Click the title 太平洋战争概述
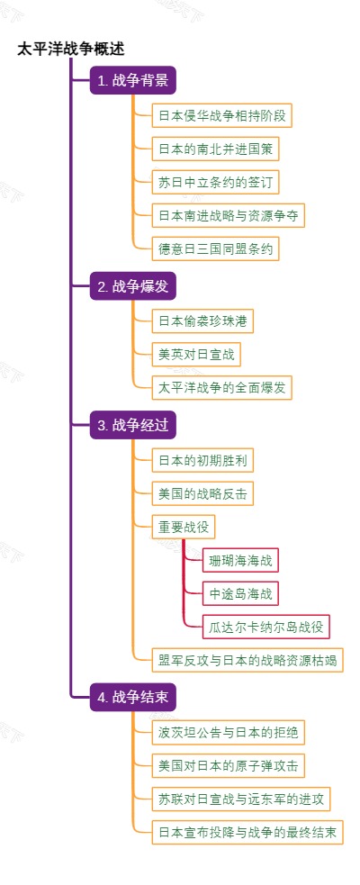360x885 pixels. click(71, 50)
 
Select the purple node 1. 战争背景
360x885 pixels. click(132, 81)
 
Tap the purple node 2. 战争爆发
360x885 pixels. click(132, 287)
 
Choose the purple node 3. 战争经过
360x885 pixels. click(132, 426)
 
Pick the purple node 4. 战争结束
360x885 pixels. click(132, 697)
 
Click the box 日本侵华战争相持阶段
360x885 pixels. click(221, 115)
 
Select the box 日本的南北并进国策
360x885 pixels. click(214, 149)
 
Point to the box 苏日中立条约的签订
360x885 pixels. click(214, 182)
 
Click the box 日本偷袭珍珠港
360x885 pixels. click(202, 321)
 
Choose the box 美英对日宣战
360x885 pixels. click(196, 354)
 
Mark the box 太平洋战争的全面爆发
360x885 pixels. click(221, 387)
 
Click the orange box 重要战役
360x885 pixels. click(184, 527)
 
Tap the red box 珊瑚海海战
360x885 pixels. click(239, 560)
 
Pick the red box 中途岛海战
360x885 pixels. click(239, 593)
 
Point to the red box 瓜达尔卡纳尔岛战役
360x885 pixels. click(265, 626)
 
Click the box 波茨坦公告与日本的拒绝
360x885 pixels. click(228, 731)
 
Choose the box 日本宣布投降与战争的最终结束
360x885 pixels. click(247, 832)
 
